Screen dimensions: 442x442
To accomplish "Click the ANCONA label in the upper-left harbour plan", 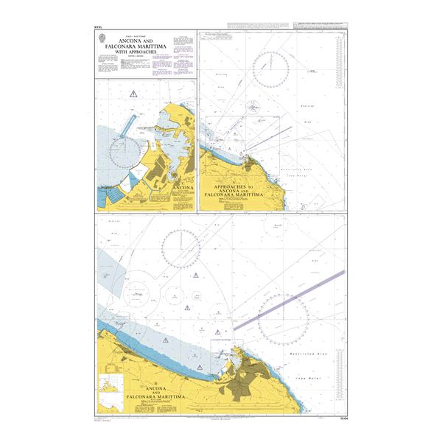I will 182,189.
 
